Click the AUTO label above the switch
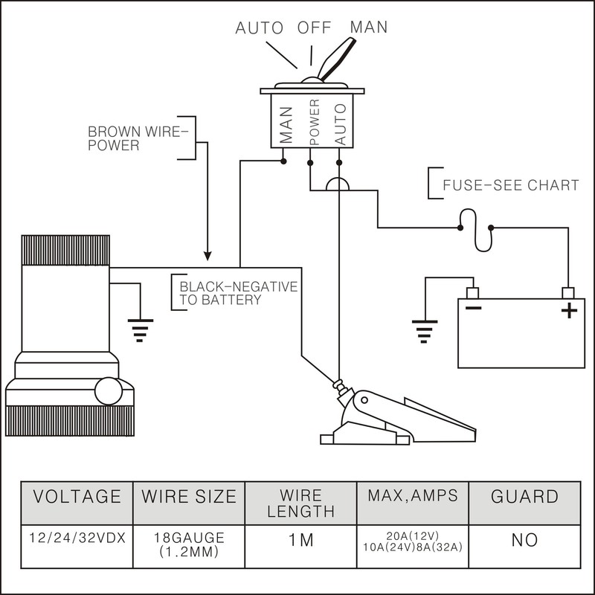pyautogui.click(x=260, y=30)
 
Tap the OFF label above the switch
pyautogui.click(x=315, y=30)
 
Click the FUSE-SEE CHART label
pyautogui.click(x=510, y=185)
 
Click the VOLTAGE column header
pyautogui.click(x=74, y=496)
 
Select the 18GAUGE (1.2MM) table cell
pyautogui.click(x=188, y=544)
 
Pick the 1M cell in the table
pyautogui.click(x=300, y=540)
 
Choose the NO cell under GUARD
pyautogui.click(x=524, y=540)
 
